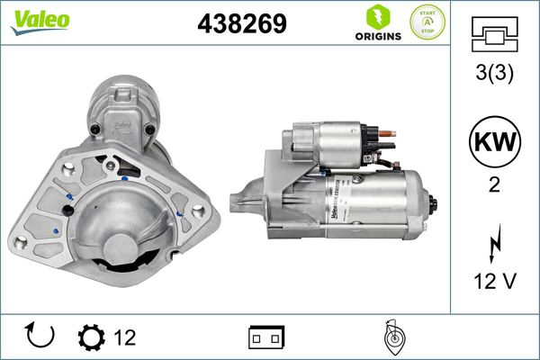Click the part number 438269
coord(241,23)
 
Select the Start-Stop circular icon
coord(427,22)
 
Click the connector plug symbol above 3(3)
coord(494,35)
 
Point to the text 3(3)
coord(494,74)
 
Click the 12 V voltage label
coord(494,282)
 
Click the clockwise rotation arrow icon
coord(41,337)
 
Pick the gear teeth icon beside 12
coord(91,337)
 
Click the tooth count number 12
coord(124,337)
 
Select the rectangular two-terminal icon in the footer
coord(265,337)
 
